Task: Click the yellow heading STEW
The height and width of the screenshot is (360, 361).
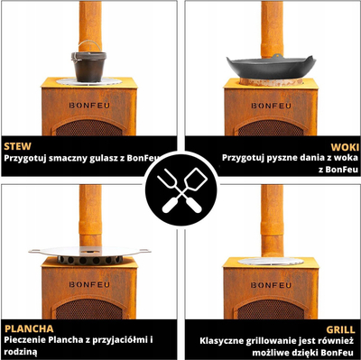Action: (17, 146)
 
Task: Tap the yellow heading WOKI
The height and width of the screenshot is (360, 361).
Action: (345, 147)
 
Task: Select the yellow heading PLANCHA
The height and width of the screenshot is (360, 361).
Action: (29, 328)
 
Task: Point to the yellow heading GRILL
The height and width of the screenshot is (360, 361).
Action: (340, 329)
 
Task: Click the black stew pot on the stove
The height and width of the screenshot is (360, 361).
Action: (88, 66)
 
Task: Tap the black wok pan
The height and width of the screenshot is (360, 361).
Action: (271, 67)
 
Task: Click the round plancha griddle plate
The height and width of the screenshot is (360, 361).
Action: (89, 252)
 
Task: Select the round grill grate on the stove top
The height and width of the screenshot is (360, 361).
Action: (271, 262)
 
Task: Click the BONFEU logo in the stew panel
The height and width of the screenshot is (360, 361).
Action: (89, 106)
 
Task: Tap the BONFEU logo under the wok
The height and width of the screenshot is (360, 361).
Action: (271, 106)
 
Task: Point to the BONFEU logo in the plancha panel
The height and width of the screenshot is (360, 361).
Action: (89, 284)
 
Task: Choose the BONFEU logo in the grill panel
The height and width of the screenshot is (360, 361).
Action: (271, 285)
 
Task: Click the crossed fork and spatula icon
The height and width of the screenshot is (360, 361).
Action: (181, 190)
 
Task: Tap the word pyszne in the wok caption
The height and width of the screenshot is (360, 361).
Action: (273, 158)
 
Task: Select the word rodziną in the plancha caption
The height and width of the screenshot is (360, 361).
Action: (21, 352)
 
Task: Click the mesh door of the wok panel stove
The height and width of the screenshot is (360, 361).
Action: (271, 128)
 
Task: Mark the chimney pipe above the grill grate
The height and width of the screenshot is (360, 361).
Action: (272, 221)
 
